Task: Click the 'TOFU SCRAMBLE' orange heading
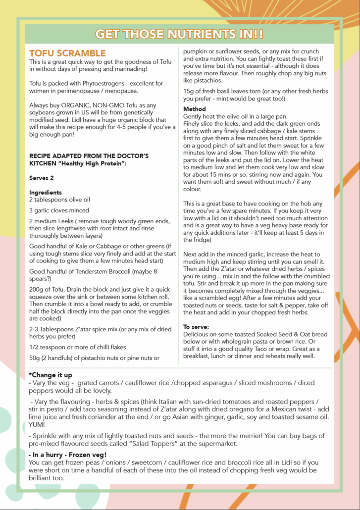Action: pyautogui.click(x=67, y=53)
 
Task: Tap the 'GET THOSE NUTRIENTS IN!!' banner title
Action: pyautogui.click(x=180, y=34)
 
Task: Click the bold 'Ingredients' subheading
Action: pyautogui.click(x=45, y=192)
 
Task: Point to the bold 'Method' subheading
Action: pyautogui.click(x=194, y=109)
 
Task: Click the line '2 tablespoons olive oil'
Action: pyautogui.click(x=59, y=200)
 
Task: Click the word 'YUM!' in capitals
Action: pyautogui.click(x=39, y=425)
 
